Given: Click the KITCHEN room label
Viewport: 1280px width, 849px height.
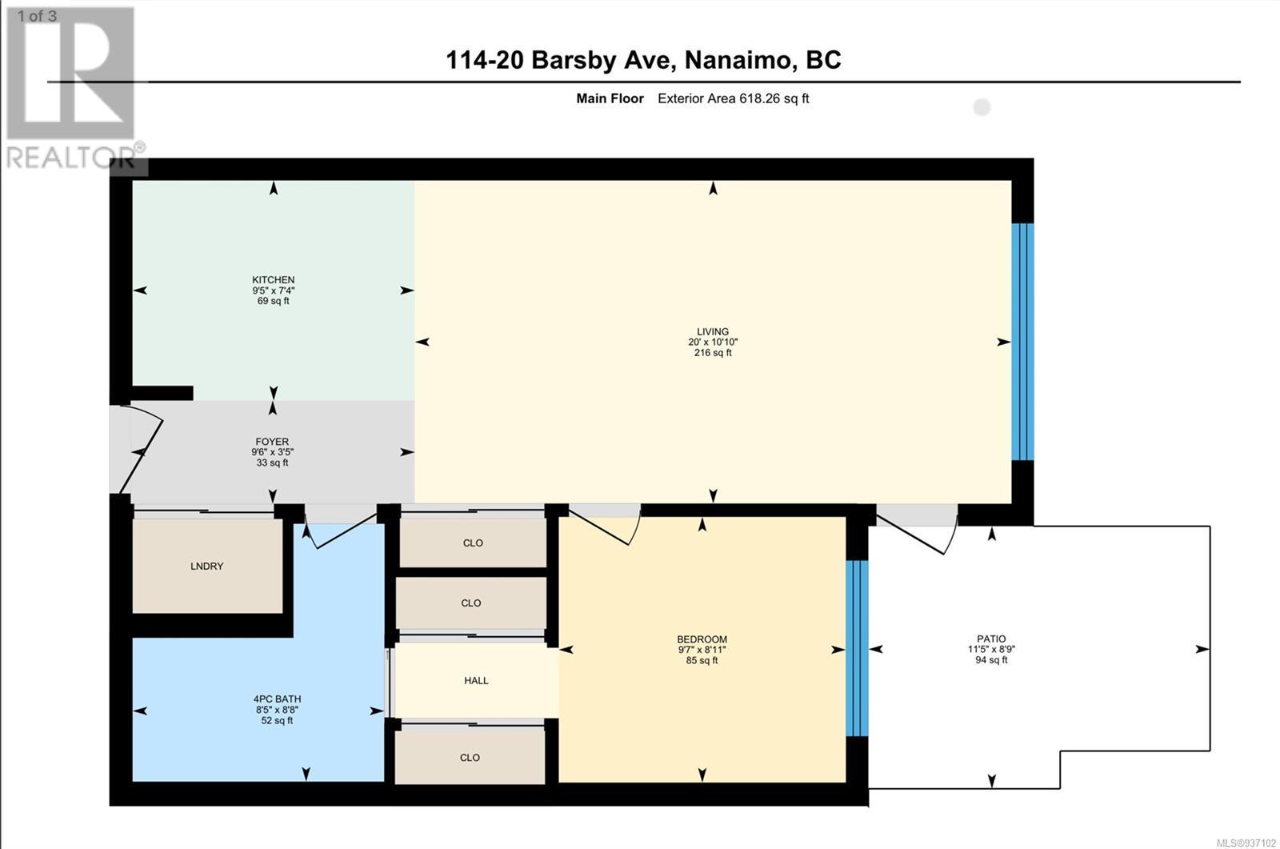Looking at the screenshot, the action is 273,279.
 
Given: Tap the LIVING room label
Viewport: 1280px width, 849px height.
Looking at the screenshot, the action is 713,331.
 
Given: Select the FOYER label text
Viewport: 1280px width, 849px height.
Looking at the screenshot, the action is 272,442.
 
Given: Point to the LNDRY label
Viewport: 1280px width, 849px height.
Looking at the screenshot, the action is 207,566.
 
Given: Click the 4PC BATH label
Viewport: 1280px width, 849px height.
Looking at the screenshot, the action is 277,699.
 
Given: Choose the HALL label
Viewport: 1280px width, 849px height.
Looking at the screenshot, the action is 476,680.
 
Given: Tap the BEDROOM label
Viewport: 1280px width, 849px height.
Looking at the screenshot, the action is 702,639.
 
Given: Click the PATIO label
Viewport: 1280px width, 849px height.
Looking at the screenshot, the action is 991,639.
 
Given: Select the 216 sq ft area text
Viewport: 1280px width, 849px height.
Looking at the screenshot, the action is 713,353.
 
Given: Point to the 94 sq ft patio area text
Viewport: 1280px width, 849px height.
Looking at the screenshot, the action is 991,660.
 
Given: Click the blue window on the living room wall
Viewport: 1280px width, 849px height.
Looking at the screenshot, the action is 1022,342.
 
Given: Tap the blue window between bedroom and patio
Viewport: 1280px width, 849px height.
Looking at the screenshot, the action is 857,648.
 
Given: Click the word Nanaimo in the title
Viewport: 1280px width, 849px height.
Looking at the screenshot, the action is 737,60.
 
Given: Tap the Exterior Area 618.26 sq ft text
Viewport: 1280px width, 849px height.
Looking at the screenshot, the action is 733,98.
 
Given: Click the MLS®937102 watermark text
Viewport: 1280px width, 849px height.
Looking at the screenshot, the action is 1246,843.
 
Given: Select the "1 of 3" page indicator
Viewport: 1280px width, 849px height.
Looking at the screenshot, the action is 37,16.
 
